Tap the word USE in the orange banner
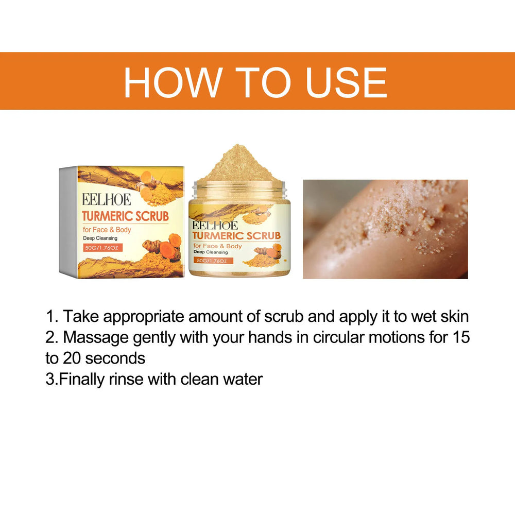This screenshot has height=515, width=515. [x=346, y=82]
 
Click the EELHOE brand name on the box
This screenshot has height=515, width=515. [x=106, y=199]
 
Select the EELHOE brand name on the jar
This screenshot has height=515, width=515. [x=215, y=225]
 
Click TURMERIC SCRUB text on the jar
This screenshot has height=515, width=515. [x=237, y=236]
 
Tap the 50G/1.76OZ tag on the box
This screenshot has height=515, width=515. [x=103, y=248]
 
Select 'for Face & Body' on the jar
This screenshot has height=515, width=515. [x=218, y=246]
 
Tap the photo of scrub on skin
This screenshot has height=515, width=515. [x=385, y=229]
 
